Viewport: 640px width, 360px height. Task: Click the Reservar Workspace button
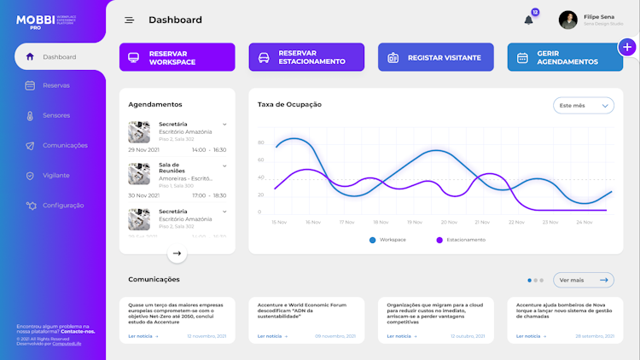175,57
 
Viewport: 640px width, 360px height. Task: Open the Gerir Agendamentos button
565,57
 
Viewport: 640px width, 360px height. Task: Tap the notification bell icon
528,20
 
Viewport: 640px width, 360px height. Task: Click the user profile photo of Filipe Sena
567,20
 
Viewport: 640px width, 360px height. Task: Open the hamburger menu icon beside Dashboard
129,20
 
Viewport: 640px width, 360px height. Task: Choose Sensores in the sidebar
56,115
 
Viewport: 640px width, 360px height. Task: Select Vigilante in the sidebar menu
56,175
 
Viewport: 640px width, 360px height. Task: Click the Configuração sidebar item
63,205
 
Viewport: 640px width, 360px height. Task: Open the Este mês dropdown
584,106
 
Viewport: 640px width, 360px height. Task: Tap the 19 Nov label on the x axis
415,222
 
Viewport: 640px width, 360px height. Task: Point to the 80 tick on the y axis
261,142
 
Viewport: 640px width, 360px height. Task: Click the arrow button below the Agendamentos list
177,253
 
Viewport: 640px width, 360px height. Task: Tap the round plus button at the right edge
627,46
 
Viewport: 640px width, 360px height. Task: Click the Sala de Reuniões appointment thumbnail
139,174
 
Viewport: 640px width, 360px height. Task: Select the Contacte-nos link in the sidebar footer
78,331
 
